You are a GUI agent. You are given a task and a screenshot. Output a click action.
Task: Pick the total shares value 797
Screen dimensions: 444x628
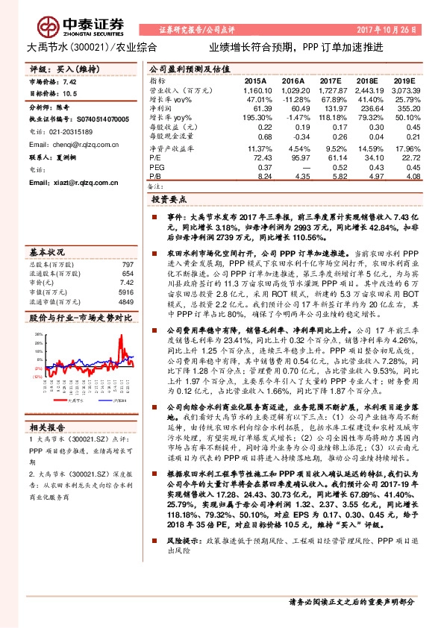pyautogui.click(x=127, y=265)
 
